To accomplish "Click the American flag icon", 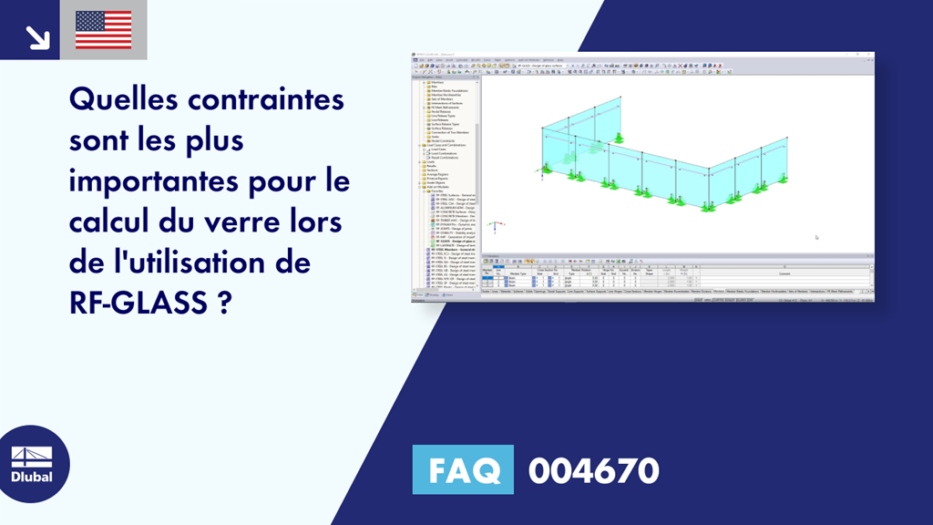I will pyautogui.click(x=103, y=29).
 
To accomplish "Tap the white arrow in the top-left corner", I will pyautogui.click(x=36, y=36).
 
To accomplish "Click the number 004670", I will pyautogui.click(x=594, y=470).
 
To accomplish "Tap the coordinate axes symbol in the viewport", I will pyautogui.click(x=494, y=225).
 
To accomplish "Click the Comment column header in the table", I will pyautogui.click(x=784, y=273).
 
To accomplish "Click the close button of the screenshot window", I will pyautogui.click(x=870, y=56).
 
